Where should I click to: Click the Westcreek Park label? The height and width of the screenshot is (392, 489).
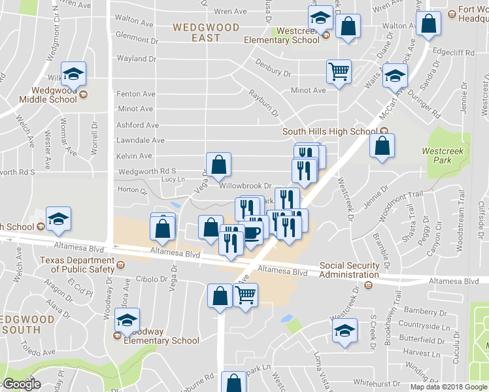(x=437, y=155)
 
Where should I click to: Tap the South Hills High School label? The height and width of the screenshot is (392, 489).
(x=329, y=131)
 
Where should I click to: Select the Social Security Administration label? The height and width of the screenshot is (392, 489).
(x=349, y=270)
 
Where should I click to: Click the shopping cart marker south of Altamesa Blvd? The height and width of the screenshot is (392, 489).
(x=245, y=296)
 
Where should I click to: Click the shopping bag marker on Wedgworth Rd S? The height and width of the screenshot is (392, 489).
(x=219, y=166)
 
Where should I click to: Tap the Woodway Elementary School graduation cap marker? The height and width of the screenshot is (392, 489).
(x=127, y=321)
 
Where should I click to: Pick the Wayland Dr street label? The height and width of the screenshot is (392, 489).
(x=136, y=59)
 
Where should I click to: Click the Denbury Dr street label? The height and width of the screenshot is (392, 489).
(x=273, y=66)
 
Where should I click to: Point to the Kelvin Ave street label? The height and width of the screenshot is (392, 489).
(x=134, y=156)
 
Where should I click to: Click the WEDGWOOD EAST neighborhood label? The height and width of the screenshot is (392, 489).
(x=197, y=32)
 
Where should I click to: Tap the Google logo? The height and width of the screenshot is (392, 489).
(x=21, y=384)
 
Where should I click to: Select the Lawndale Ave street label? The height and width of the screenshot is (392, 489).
(x=140, y=140)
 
